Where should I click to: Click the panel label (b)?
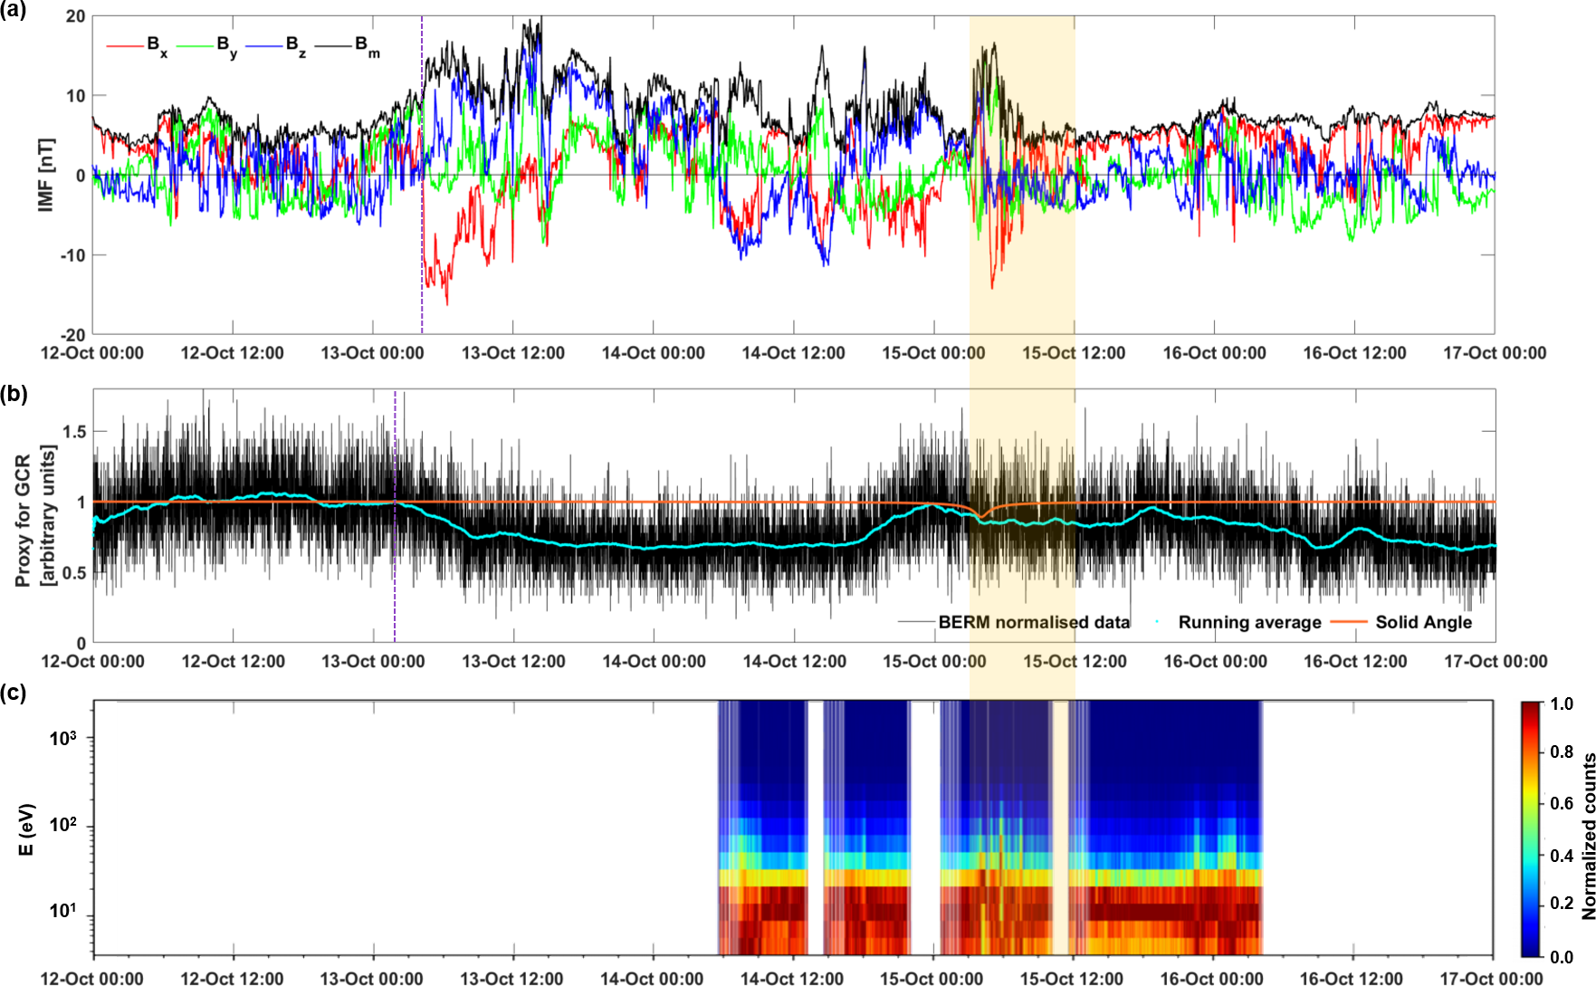point(14,393)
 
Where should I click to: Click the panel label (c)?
point(14,693)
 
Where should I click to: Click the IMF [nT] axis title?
point(46,175)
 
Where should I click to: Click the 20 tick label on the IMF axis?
point(75,16)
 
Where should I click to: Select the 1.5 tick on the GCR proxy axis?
point(75,432)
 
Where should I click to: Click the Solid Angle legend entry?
point(1423,622)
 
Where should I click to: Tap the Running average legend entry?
point(1249,622)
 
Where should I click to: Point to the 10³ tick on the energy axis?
point(63,738)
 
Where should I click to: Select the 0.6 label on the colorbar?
point(1562,803)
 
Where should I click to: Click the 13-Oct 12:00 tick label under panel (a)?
point(512,353)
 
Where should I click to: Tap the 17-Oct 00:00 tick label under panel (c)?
point(1491,979)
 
